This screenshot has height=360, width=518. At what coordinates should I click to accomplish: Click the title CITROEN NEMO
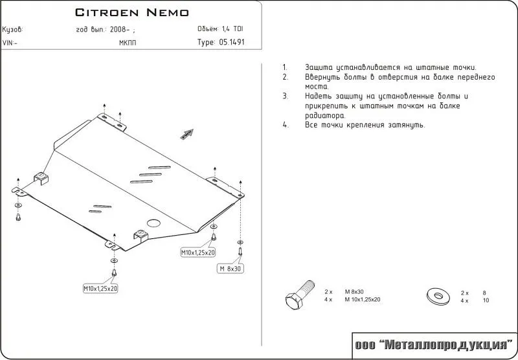click(x=132, y=12)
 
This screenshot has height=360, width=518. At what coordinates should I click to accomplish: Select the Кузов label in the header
click(x=13, y=30)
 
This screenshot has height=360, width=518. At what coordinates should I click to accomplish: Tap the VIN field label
click(x=10, y=43)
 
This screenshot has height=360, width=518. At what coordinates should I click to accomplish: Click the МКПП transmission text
click(x=128, y=43)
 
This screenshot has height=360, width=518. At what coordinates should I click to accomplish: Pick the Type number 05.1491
click(x=232, y=43)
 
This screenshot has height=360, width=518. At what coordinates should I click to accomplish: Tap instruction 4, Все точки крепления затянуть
click(x=365, y=125)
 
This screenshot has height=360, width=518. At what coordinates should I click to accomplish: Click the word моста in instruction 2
click(x=317, y=86)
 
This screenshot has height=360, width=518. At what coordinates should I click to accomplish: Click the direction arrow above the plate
click(x=186, y=133)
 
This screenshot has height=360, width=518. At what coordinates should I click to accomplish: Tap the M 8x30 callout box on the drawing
click(x=231, y=268)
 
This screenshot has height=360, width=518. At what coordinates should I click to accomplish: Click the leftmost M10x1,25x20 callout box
click(x=100, y=288)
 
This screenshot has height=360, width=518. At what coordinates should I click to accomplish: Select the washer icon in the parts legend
click(x=438, y=297)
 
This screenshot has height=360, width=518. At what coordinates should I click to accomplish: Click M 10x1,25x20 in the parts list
click(x=362, y=300)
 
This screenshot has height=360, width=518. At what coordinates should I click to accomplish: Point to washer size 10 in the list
click(x=486, y=300)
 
